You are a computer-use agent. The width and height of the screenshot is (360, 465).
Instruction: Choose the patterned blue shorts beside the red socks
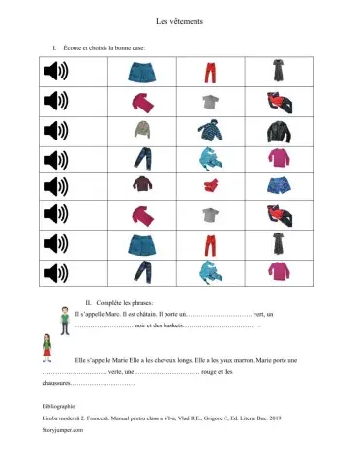coord(278,184)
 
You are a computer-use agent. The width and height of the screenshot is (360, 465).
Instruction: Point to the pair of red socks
coord(210,184)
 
